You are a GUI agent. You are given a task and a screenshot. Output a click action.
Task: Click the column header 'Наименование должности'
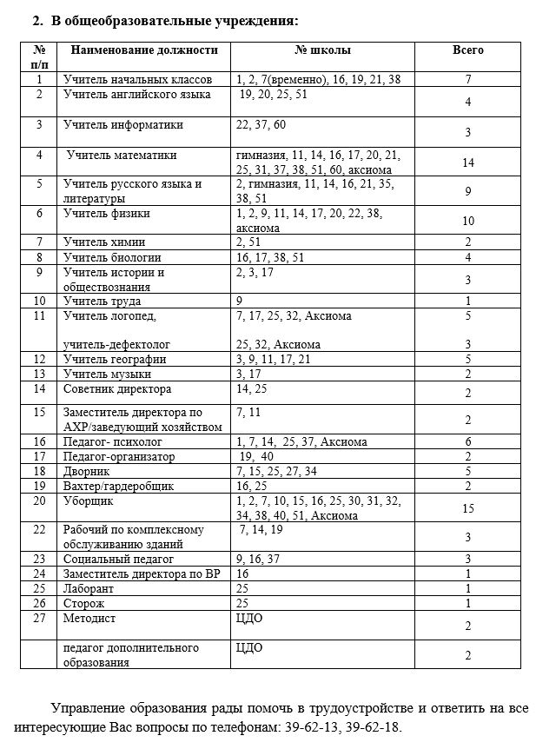pos(136,50)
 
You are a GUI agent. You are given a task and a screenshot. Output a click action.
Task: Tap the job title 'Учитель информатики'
pos(123,124)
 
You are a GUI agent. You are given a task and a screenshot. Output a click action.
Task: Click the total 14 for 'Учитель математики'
pos(467,162)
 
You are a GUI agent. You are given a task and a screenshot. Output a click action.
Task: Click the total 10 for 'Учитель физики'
pos(467,221)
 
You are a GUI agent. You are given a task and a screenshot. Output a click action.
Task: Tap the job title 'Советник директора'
pos(117,388)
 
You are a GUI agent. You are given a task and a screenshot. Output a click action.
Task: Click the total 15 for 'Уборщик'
pos(467,508)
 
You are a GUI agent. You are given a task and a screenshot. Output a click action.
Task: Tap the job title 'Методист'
pos(89,618)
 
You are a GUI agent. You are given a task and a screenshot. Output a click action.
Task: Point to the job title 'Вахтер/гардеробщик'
pos(119,486)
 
